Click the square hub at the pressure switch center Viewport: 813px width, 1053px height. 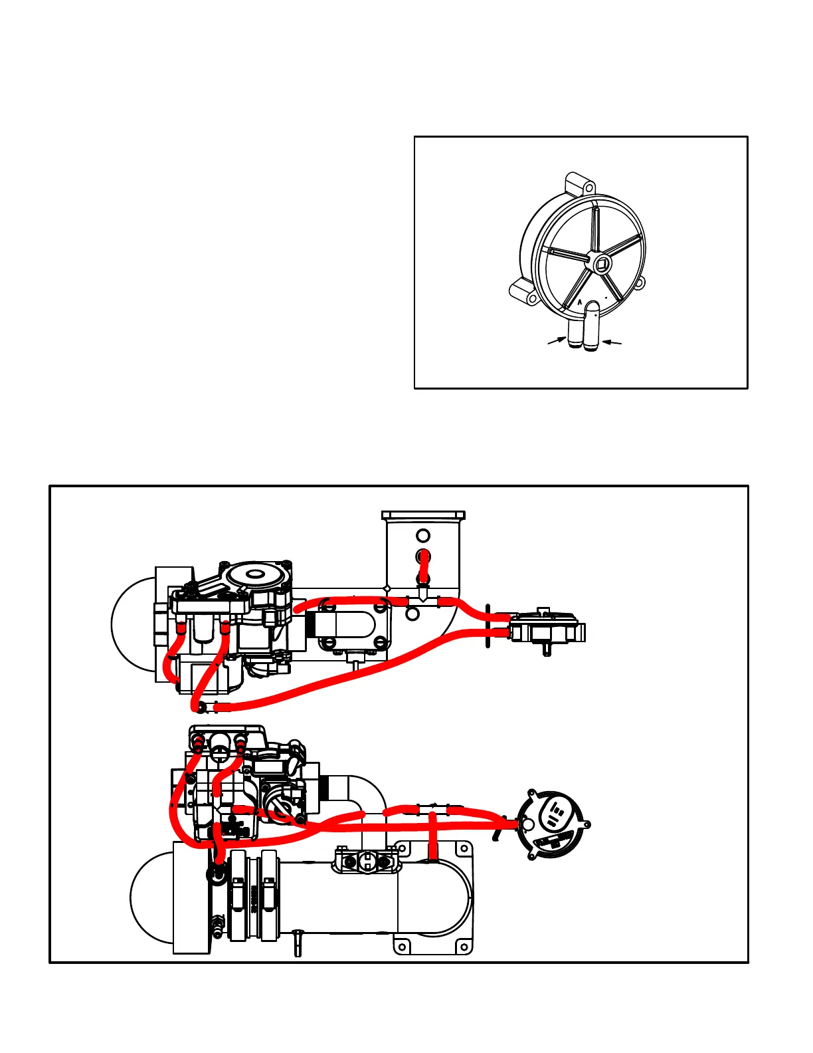pyautogui.click(x=602, y=265)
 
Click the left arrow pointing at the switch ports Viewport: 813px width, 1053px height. pyautogui.click(x=556, y=341)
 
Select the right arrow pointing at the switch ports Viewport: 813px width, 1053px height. pyautogui.click(x=612, y=342)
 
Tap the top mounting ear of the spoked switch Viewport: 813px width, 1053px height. pyautogui.click(x=577, y=184)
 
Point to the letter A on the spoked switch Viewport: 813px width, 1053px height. pyautogui.click(x=579, y=302)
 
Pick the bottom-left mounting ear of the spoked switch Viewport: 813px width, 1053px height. pyautogui.click(x=523, y=292)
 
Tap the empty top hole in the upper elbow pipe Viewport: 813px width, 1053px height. pyautogui.click(x=423, y=535)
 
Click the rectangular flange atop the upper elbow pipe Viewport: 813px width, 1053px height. pyautogui.click(x=423, y=515)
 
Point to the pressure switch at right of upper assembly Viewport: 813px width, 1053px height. pyautogui.click(x=545, y=626)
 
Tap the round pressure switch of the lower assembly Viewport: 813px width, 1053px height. pyautogui.click(x=554, y=824)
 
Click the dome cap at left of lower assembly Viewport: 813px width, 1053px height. pyautogui.click(x=151, y=897)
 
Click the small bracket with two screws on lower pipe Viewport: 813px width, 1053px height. pyautogui.click(x=367, y=862)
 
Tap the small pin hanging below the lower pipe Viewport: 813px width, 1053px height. pyautogui.click(x=297, y=944)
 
